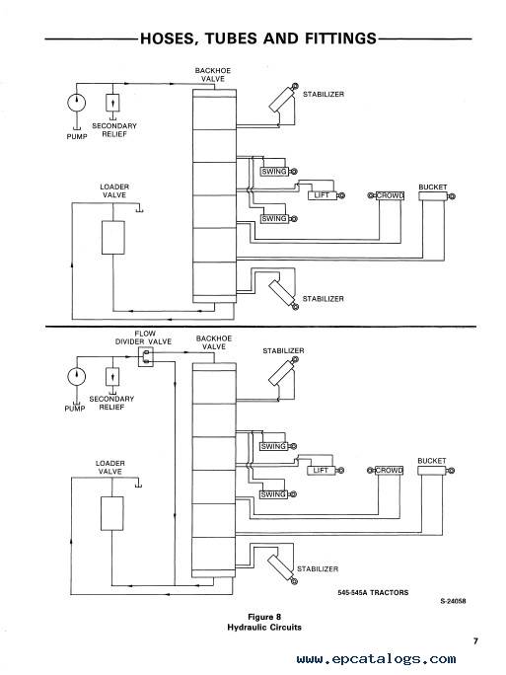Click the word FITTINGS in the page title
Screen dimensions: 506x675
click(x=340, y=38)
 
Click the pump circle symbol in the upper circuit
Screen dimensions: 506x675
click(x=77, y=103)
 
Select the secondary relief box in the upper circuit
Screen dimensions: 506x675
click(x=112, y=103)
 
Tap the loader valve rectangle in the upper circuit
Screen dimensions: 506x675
click(x=113, y=238)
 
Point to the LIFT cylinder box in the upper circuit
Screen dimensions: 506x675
click(x=322, y=195)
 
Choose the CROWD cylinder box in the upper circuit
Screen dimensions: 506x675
click(x=390, y=195)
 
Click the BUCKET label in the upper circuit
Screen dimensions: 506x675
click(x=433, y=187)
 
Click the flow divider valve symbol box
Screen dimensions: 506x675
click(x=145, y=358)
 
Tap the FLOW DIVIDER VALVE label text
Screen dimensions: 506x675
click(x=143, y=337)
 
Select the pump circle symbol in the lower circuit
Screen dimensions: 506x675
click(x=77, y=376)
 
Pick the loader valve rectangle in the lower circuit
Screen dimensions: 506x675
click(x=111, y=513)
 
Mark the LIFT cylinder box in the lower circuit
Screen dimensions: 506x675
click(x=321, y=471)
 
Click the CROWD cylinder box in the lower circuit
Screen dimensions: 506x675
click(x=389, y=471)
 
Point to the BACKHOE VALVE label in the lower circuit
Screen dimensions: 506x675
click(x=214, y=342)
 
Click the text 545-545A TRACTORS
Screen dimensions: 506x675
click(x=373, y=593)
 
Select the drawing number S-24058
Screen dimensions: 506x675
click(x=453, y=601)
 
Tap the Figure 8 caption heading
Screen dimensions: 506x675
click(x=264, y=617)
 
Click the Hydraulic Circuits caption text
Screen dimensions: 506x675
click(x=264, y=628)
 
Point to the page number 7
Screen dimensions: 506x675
click(x=475, y=641)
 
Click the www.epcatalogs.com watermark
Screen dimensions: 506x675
click(x=376, y=659)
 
